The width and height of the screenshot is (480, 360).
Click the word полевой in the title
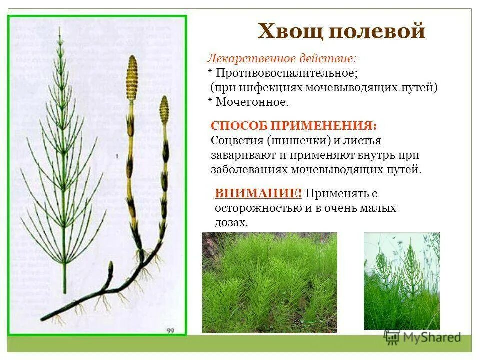click(377, 31)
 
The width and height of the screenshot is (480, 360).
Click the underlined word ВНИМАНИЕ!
click(258, 193)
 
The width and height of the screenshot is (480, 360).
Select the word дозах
click(231, 223)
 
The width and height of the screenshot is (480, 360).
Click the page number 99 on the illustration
click(171, 330)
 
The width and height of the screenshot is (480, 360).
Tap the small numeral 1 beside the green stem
click(116, 156)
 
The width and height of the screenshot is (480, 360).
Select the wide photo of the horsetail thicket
click(269, 282)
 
